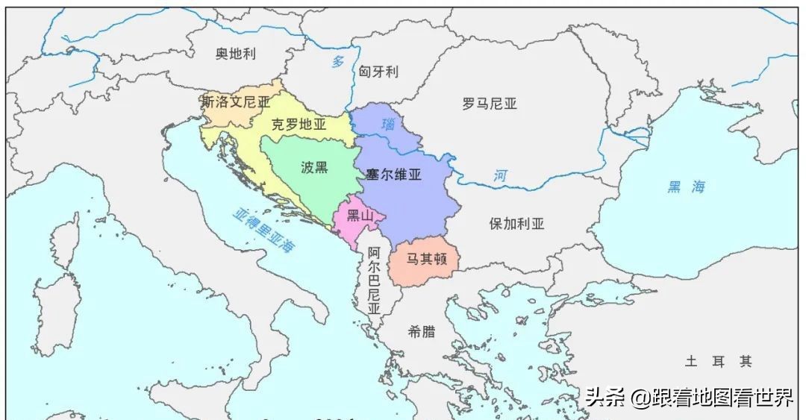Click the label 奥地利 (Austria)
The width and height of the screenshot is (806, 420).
coord(236,54)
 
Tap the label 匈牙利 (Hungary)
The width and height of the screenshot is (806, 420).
coord(378,72)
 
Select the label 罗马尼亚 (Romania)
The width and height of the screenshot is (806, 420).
coord(490,104)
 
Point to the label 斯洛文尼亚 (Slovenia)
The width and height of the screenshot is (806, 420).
coord(236,102)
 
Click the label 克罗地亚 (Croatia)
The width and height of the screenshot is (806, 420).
coord(299,125)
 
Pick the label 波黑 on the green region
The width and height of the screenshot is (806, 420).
coord(314,167)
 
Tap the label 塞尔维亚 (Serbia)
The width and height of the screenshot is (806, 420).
coord(394,175)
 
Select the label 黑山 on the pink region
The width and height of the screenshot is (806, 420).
coord(360,216)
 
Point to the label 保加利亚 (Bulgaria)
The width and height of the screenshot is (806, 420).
coord(517,223)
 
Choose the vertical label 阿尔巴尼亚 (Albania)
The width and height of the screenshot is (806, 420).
coord(374,280)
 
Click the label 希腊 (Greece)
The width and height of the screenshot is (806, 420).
coord(422,331)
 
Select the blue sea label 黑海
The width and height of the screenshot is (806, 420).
coord(686,187)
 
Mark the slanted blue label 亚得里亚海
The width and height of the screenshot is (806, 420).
coord(263,231)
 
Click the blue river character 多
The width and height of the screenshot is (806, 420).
coord(338,62)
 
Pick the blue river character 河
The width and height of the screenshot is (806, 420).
coord(500,177)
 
